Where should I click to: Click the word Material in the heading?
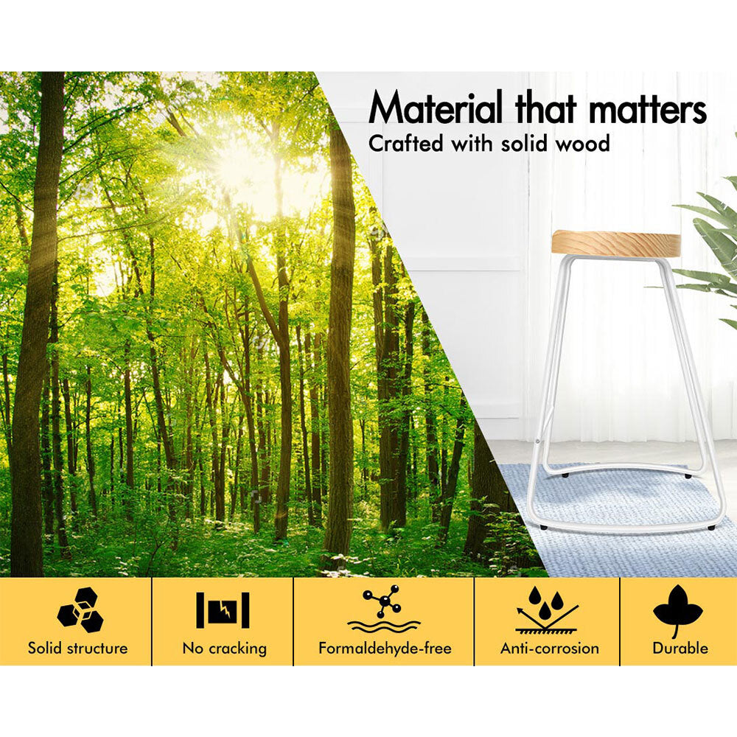(436, 108)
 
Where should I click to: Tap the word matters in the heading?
(647, 110)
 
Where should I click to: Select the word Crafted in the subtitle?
(405, 144)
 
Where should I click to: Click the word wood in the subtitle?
(582, 144)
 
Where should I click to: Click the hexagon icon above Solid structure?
(80, 609)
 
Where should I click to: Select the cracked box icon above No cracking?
(223, 610)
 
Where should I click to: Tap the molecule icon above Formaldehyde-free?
(384, 609)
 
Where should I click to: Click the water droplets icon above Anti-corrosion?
(547, 609)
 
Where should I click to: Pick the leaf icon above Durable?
(678, 610)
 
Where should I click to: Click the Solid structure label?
(77, 648)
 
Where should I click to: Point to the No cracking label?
(224, 649)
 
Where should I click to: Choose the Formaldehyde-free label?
(385, 648)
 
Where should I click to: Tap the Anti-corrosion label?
(550, 648)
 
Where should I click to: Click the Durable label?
(680, 648)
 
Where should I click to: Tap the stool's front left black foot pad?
(543, 528)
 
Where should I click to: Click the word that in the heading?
(545, 109)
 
